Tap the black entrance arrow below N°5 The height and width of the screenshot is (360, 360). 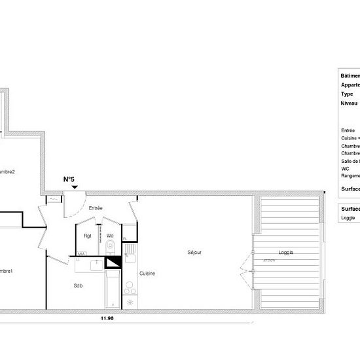tap(75, 187)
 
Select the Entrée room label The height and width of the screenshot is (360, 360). tap(96, 207)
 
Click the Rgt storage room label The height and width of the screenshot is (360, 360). tap(87, 236)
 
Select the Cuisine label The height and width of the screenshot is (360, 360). tap(147, 274)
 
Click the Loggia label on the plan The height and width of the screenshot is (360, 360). tap(285, 253)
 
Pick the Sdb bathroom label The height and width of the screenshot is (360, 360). tap(78, 286)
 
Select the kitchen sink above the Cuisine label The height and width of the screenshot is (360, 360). tap(130, 249)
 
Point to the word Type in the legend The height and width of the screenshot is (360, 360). tap(347, 94)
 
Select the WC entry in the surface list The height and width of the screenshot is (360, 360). tap(345, 168)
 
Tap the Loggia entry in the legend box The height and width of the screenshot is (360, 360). tap(348, 218)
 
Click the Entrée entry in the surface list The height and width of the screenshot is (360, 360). tap(348, 130)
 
